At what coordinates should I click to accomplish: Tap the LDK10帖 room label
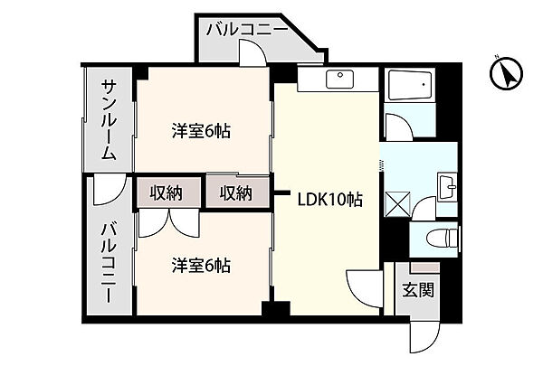pyautogui.click(x=330, y=201)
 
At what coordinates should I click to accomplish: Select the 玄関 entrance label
pyautogui.click(x=418, y=291)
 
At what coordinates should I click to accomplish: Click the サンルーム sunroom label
pyautogui.click(x=108, y=120)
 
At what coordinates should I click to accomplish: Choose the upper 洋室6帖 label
pyautogui.click(x=201, y=131)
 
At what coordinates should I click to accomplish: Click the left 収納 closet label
pyautogui.click(x=167, y=192)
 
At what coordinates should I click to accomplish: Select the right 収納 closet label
pyautogui.click(x=235, y=192)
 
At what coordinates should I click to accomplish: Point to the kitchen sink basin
pyautogui.click(x=342, y=78)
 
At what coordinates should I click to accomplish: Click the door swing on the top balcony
pyautogui.click(x=256, y=53)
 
